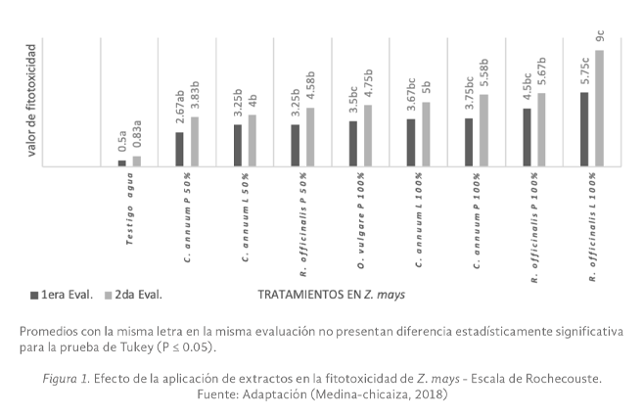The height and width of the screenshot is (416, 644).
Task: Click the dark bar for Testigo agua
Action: tap(122, 162)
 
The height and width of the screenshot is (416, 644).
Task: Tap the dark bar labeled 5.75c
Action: tap(584, 129)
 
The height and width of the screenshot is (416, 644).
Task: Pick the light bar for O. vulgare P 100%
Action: tap(368, 135)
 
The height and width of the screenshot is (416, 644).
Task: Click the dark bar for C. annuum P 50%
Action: tap(180, 149)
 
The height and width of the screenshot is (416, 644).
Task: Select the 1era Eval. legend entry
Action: tap(63, 293)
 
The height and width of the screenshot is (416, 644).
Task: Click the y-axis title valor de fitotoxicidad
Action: tap(33, 98)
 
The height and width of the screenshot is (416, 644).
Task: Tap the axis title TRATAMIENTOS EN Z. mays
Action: tap(331, 293)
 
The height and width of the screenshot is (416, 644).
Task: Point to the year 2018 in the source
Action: tap(430, 394)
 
